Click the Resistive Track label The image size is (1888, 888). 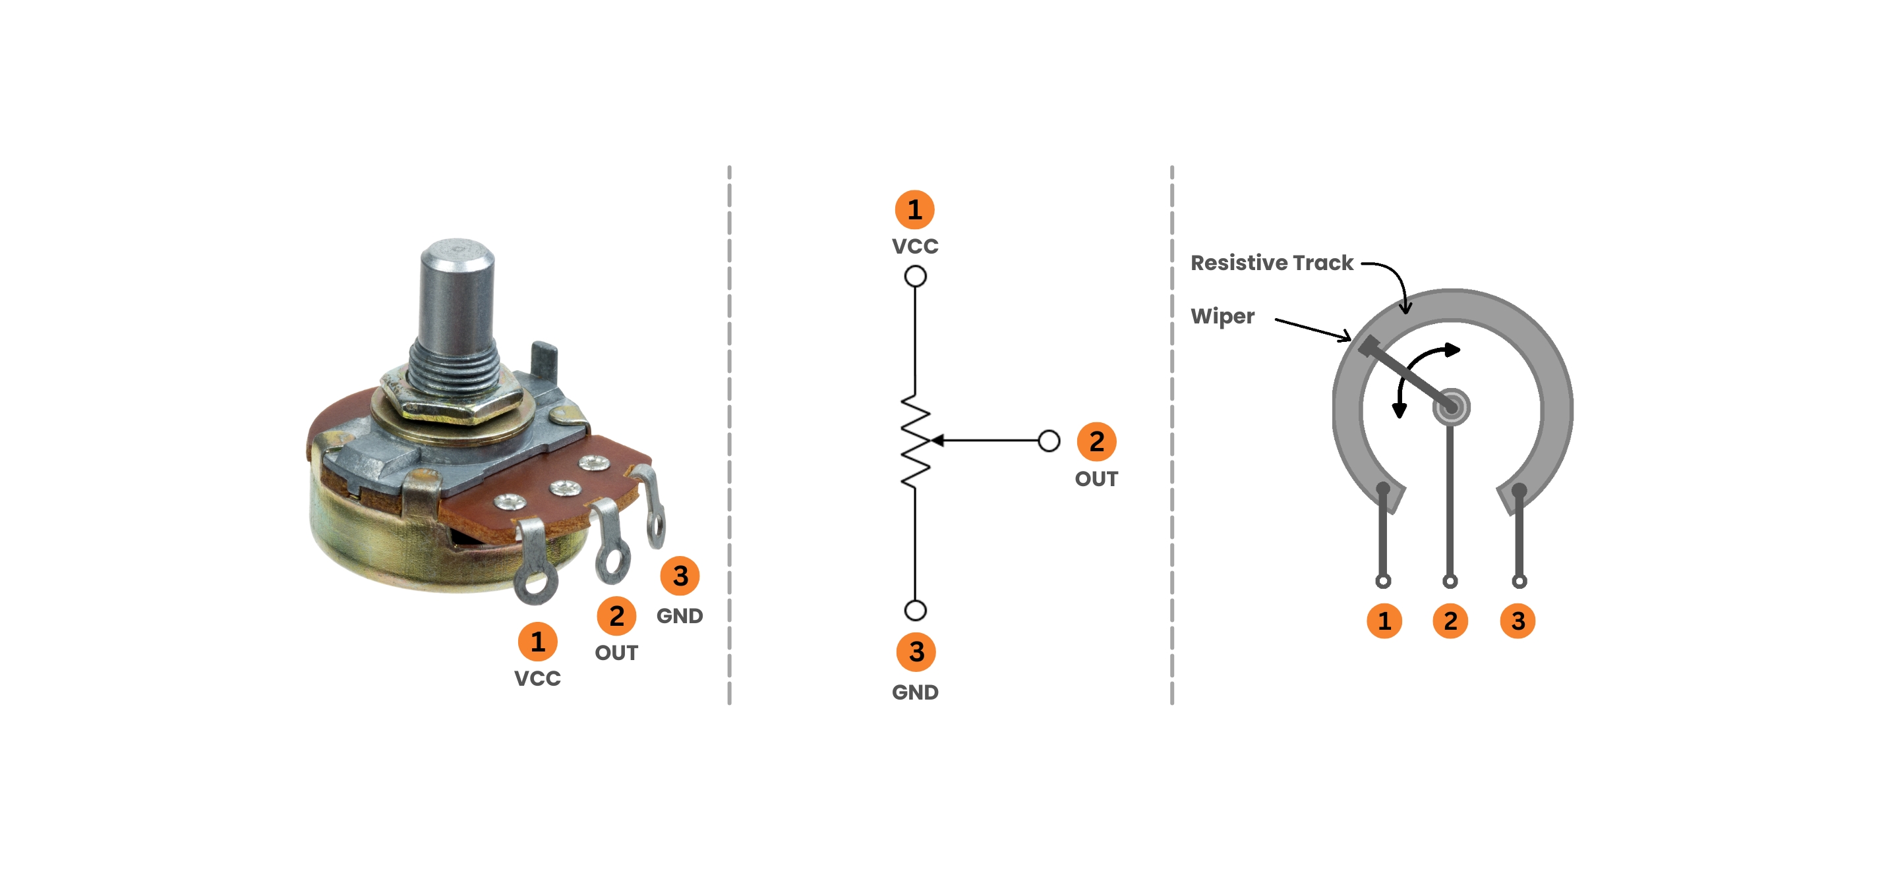point(1272,262)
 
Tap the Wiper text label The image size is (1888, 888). point(1222,316)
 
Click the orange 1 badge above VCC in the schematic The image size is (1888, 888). point(915,209)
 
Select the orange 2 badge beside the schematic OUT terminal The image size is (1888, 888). point(1096,441)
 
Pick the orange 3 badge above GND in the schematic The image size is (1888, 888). point(916,652)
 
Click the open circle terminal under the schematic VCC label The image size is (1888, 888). point(916,276)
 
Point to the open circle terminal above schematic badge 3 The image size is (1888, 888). point(916,609)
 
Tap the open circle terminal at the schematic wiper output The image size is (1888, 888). point(1049,440)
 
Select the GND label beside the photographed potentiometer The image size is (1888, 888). point(680,615)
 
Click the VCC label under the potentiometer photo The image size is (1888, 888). point(537,679)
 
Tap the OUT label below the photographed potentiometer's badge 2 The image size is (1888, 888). point(616,653)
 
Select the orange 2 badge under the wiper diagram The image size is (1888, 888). point(1450,621)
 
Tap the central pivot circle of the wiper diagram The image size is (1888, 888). point(1451,406)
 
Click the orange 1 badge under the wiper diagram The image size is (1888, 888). point(1384,621)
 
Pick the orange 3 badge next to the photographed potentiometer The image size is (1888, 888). point(680,576)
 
